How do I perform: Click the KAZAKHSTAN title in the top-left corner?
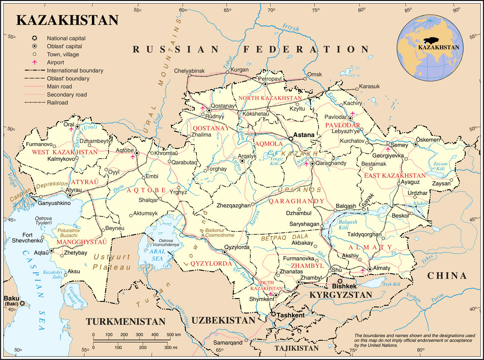(x=67, y=21)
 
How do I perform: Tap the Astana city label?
(x=304, y=135)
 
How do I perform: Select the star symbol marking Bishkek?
(x=340, y=281)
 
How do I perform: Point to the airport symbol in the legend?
(x=35, y=62)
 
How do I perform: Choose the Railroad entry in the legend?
(x=57, y=103)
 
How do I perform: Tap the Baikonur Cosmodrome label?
(x=219, y=232)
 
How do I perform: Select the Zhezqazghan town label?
(x=233, y=205)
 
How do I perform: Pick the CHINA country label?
(x=447, y=276)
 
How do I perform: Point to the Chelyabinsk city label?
(x=190, y=71)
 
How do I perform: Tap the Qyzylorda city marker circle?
(x=225, y=252)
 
